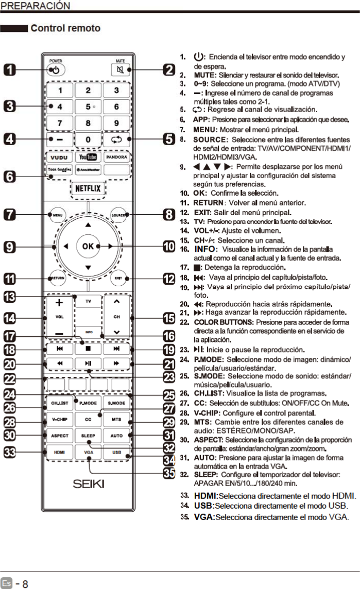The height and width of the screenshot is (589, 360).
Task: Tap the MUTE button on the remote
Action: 117,69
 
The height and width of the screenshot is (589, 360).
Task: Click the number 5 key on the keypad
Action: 89,107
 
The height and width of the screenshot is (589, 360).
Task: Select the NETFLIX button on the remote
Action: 88,188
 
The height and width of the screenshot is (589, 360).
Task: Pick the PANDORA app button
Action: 117,156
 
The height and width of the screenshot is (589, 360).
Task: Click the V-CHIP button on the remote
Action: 59,420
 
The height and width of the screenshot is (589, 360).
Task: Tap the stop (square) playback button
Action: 88,349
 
